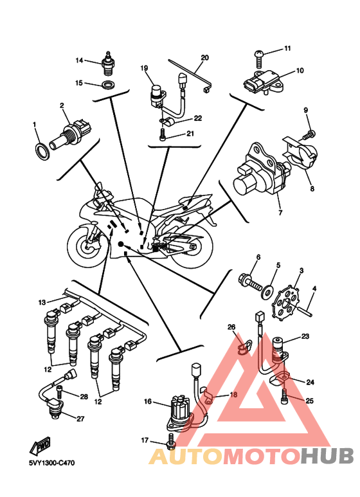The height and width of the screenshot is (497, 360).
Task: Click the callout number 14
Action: pos(79,60)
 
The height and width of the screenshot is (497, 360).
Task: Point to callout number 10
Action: pos(300,70)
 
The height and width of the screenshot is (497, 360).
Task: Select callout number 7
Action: pos(280,213)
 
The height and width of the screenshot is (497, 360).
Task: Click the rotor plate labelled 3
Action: pos(285,300)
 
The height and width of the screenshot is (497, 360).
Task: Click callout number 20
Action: pos(205,58)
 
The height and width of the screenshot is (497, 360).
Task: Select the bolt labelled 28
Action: pos(59,392)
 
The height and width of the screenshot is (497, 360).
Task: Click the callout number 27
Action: pos(81,419)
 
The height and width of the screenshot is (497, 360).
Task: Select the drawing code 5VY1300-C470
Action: pos(52,463)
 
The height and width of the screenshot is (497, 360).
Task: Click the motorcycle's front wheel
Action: pos(87,246)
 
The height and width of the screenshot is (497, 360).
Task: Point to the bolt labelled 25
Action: pos(284,396)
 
